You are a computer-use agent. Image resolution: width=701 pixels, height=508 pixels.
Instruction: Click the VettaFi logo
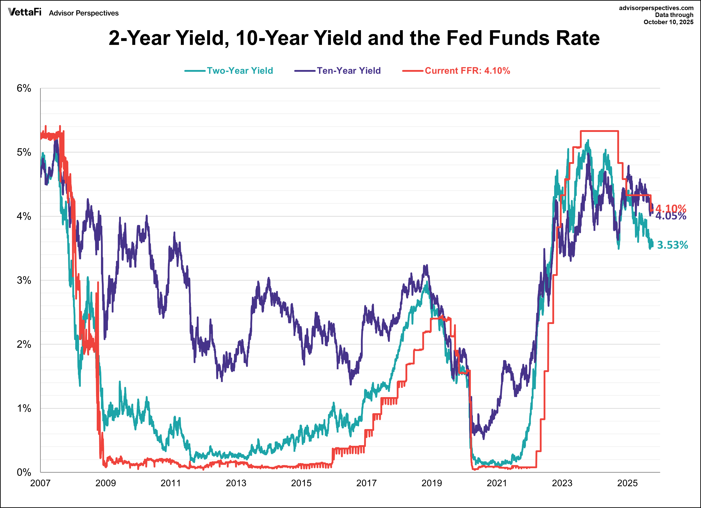(x=25, y=12)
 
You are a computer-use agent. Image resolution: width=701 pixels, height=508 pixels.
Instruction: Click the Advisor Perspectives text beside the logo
(x=84, y=13)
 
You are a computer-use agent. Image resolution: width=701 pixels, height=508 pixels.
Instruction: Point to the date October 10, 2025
(x=668, y=22)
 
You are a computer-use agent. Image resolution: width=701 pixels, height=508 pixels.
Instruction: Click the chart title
(x=354, y=38)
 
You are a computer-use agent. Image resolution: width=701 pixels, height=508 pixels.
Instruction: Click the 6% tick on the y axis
(x=24, y=89)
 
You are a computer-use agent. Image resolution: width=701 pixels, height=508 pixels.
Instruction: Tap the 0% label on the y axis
(x=24, y=472)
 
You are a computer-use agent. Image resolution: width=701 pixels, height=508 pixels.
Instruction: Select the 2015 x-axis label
(x=301, y=483)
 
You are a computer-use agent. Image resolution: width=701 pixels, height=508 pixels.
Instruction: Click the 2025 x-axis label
(x=627, y=483)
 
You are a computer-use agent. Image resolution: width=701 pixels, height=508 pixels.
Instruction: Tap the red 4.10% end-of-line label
(x=671, y=208)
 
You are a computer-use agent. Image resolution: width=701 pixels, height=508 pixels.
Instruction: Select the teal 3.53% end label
(x=672, y=245)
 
